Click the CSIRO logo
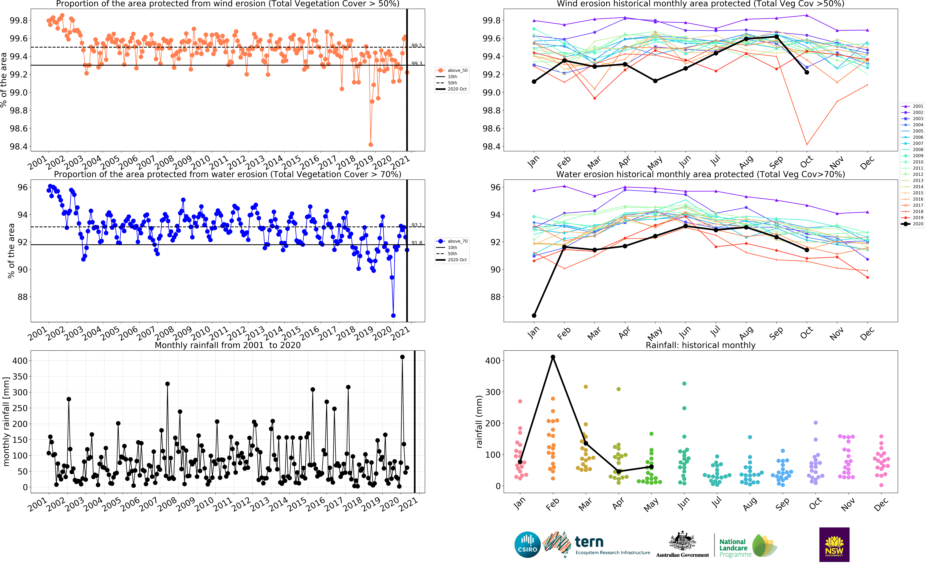(527, 545)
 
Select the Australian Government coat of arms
(682, 542)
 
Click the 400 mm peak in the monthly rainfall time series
(402, 357)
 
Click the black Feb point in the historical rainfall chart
(553, 357)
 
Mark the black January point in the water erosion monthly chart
(534, 315)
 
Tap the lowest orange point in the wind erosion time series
(371, 145)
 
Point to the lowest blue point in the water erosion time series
(393, 315)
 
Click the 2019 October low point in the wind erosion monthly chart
(807, 145)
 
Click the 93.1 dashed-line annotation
(416, 225)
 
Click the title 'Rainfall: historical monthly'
(700, 345)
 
